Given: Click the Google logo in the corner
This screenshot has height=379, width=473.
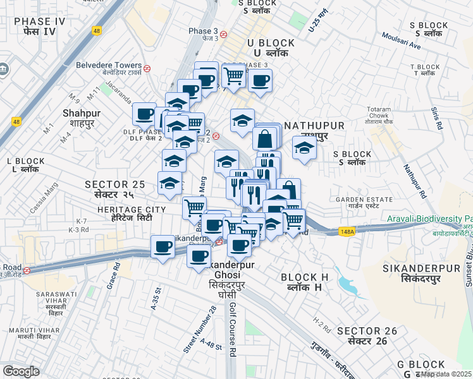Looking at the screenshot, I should pyautogui.click(x=21, y=371).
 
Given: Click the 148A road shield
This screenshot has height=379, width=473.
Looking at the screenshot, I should pyautogui.click(x=346, y=232).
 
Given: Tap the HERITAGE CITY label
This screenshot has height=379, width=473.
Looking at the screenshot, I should pyautogui.click(x=131, y=213).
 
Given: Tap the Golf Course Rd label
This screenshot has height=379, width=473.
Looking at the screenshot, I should pyautogui.click(x=233, y=328).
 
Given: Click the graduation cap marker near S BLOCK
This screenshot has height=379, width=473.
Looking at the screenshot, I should pyautogui.click(x=304, y=148).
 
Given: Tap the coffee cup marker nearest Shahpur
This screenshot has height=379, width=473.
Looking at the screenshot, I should pyautogui.click(x=144, y=114).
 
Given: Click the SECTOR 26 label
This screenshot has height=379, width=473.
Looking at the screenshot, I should pyautogui.click(x=367, y=335).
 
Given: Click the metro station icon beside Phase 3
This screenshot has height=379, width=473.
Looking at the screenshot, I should pyautogui.click(x=223, y=34).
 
